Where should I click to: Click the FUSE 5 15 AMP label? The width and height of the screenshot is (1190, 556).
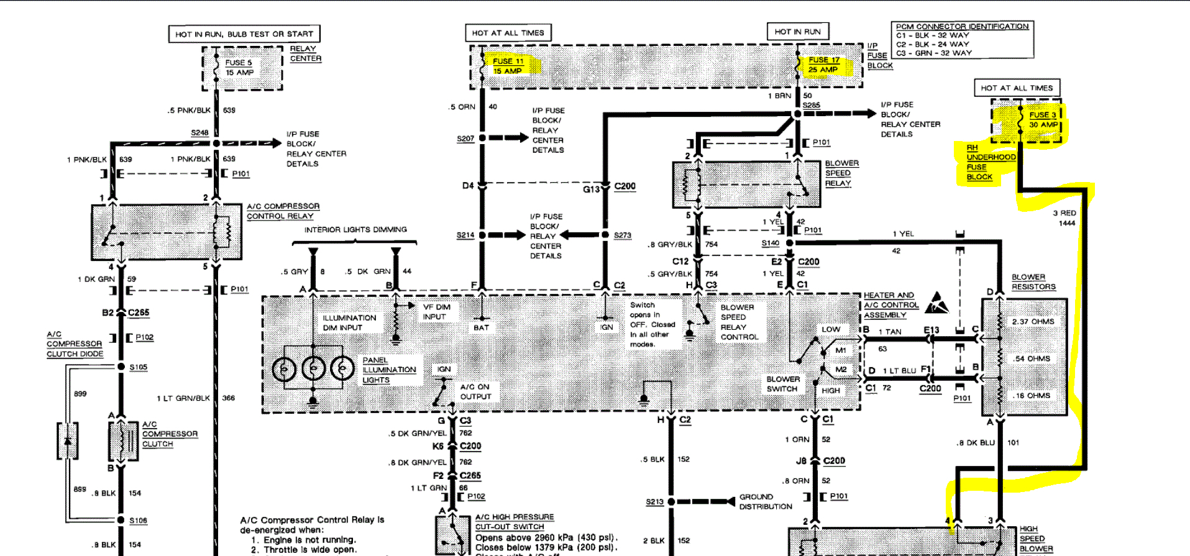click(x=239, y=67)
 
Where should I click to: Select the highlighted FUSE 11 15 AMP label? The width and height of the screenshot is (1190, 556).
click(x=508, y=66)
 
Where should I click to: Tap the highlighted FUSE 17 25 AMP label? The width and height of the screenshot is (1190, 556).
click(x=823, y=65)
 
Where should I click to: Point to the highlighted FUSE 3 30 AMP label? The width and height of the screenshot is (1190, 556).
click(x=1043, y=119)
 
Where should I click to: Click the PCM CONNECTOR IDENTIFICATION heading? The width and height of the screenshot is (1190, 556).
click(x=962, y=26)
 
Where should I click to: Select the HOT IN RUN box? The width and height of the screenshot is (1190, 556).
click(x=797, y=32)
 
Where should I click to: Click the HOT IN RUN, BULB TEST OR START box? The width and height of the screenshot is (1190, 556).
click(x=244, y=34)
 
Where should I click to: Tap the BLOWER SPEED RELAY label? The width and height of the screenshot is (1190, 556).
click(x=841, y=173)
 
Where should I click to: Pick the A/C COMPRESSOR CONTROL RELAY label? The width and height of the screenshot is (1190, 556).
click(x=283, y=211)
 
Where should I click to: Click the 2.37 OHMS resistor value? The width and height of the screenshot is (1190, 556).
click(x=1033, y=322)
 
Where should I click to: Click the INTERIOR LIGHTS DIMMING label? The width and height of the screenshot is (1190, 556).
click(x=355, y=230)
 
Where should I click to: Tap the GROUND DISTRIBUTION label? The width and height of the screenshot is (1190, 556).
click(x=765, y=502)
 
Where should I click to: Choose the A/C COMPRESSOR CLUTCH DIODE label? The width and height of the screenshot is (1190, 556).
click(x=74, y=344)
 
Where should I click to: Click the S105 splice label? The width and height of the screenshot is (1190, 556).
click(x=138, y=367)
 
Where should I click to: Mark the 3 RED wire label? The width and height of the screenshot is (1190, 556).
click(x=1064, y=213)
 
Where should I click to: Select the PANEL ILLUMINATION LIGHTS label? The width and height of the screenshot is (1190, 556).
click(x=389, y=370)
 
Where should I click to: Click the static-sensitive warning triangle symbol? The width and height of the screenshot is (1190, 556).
click(x=936, y=303)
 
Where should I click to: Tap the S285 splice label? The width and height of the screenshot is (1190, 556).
click(x=811, y=105)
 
